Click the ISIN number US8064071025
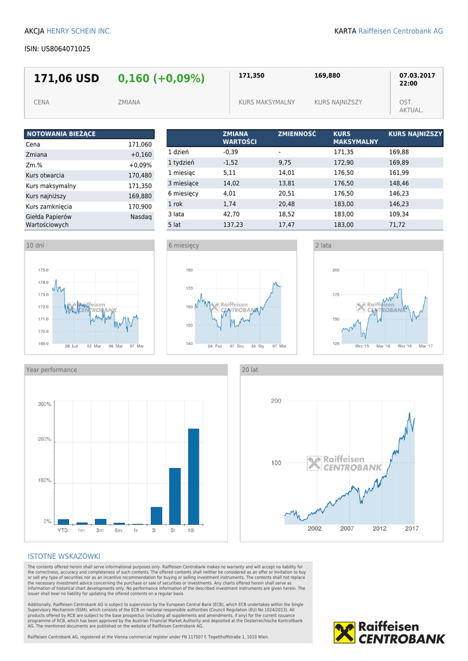[65, 49]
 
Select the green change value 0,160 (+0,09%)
[161, 79]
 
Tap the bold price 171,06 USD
[66, 79]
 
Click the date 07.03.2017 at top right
[417, 76]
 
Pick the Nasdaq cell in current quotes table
[141, 217]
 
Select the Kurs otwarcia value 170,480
[139, 176]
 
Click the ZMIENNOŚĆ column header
[297, 134]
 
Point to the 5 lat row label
[175, 225]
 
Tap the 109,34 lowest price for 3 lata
[398, 214]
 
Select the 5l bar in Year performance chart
[174, 496]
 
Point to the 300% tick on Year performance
[45, 405]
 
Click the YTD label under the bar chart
[63, 531]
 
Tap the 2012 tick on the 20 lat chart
[379, 529]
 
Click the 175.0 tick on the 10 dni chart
[43, 270]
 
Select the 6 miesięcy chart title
[184, 246]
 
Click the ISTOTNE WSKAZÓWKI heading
[64, 556]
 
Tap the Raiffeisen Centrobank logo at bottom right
[389, 633]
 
